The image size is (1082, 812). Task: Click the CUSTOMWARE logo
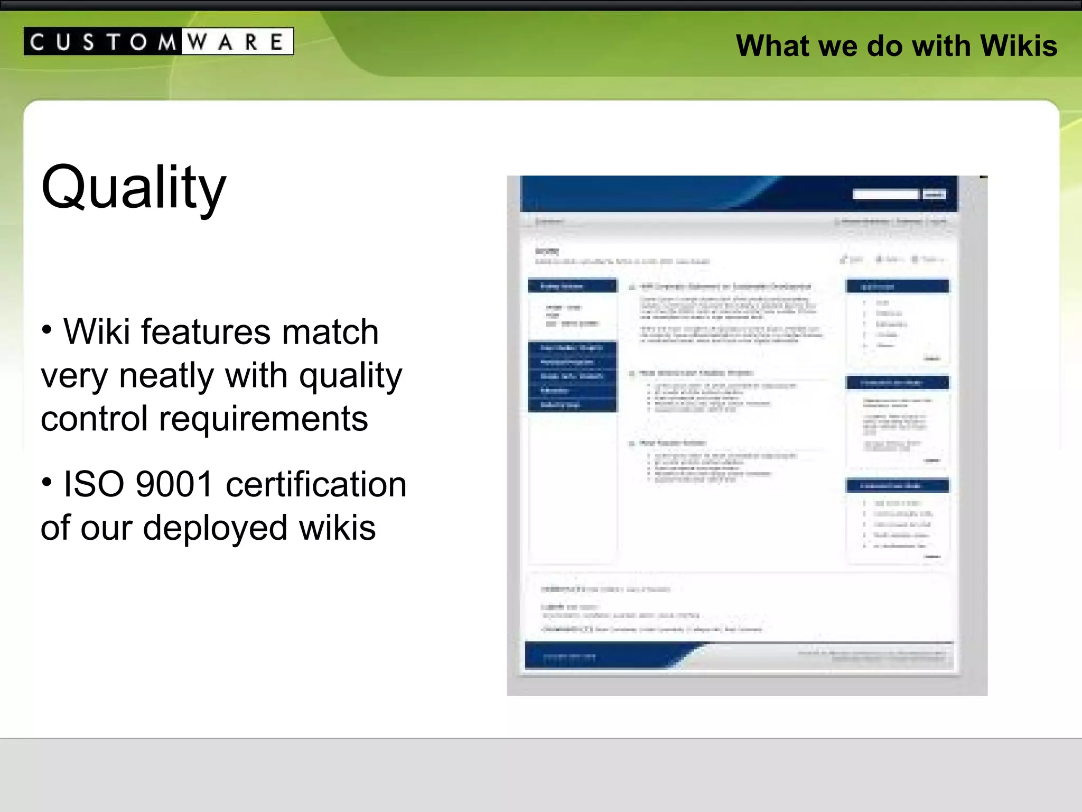click(158, 41)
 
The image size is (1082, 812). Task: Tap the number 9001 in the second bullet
click(174, 484)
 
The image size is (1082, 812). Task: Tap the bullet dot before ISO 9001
click(47, 482)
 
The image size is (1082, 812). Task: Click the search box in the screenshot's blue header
click(885, 195)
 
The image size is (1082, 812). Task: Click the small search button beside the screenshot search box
click(934, 195)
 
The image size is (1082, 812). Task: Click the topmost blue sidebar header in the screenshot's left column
click(572, 286)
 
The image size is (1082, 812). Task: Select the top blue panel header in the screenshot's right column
click(897, 287)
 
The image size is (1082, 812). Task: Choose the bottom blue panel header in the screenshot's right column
click(897, 485)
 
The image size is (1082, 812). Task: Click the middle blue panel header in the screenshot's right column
click(897, 382)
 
